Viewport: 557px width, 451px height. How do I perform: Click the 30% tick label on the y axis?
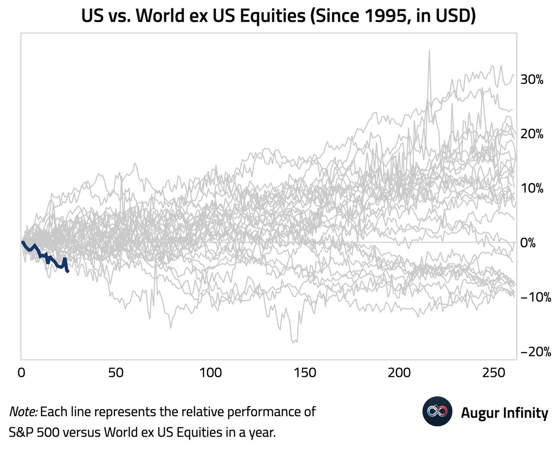pos(531,79)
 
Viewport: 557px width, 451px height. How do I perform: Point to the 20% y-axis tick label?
pos(531,134)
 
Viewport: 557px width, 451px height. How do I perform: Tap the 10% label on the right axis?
pos(531,188)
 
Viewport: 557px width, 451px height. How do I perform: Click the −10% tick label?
pos(534,297)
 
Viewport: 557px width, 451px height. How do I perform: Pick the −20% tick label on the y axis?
pos(534,352)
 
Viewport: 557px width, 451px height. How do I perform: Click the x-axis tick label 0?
pos(21,372)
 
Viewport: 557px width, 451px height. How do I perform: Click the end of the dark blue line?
pos(68,272)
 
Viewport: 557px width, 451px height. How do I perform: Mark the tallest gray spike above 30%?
pos(429,52)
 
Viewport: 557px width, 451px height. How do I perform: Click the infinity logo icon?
pos(437,412)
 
